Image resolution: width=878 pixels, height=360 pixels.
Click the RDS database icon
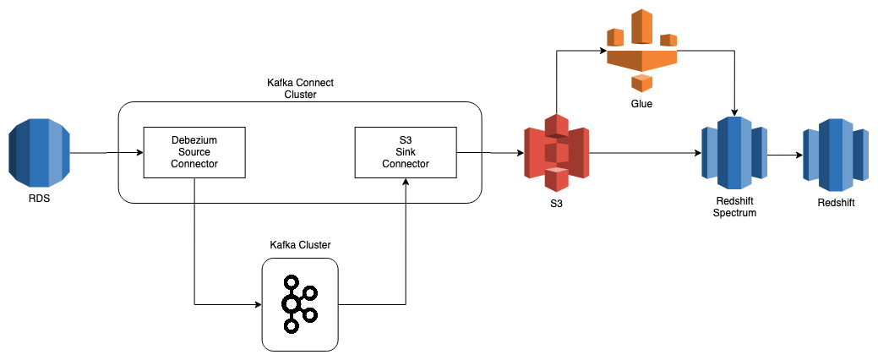(x=39, y=153)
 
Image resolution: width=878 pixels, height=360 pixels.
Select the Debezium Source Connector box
(x=194, y=153)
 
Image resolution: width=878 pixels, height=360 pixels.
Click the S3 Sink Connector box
(x=406, y=153)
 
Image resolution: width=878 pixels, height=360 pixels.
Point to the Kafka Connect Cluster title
(x=299, y=89)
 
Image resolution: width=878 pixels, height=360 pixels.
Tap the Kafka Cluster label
(x=300, y=244)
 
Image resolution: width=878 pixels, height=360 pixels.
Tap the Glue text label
(x=642, y=104)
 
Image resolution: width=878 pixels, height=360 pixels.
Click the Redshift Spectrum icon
(x=733, y=153)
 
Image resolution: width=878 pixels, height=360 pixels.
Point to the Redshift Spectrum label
(x=733, y=206)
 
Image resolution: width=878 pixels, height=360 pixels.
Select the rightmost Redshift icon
(x=836, y=153)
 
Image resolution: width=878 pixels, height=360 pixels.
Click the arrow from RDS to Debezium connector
(x=106, y=153)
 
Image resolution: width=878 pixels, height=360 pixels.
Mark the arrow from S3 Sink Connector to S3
(x=490, y=153)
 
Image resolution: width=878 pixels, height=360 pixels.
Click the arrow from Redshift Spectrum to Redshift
(x=785, y=155)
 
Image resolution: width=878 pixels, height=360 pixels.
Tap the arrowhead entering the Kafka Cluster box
(x=257, y=304)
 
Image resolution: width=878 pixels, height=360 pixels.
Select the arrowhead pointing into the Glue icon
(x=603, y=52)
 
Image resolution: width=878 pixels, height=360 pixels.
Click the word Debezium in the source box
(x=194, y=140)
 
